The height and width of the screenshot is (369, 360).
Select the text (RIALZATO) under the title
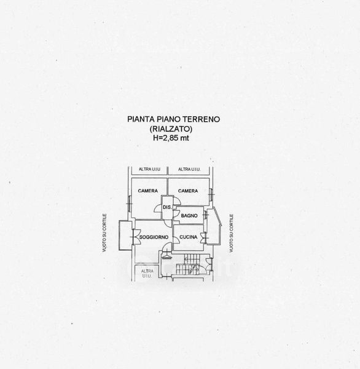coord(171,129)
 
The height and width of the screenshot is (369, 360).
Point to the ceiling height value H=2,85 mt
coord(171,138)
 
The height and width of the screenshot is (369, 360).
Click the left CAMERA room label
coord(147,191)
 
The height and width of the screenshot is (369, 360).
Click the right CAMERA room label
coord(188,191)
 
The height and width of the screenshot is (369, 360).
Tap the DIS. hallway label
coord(167,207)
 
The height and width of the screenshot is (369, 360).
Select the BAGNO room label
coord(189,215)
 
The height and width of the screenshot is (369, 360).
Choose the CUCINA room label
coord(189,237)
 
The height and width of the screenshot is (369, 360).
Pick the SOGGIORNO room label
coord(154,237)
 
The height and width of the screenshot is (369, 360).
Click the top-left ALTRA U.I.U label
coord(149,169)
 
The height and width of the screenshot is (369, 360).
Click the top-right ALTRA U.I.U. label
coord(189,169)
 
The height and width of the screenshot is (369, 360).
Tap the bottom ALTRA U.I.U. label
coord(147,274)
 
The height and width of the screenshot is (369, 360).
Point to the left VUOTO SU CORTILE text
coord(104,233)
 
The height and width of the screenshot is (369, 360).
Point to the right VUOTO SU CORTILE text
coord(232,233)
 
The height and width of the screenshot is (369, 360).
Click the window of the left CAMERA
coord(130,204)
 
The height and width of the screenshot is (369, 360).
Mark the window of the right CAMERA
coord(211,194)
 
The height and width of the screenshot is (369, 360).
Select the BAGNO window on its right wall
coord(206,215)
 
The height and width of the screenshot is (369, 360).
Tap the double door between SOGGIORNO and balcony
coord(134,237)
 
